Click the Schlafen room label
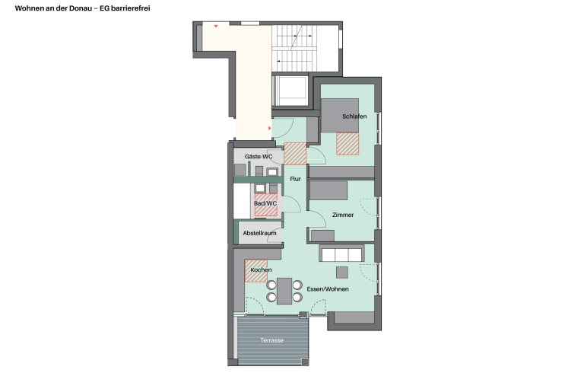pos(354,116)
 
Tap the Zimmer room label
pos(343,215)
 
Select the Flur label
pos(295,179)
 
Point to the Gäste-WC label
pos(259,157)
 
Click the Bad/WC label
pos(265,203)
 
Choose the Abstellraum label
pos(259,233)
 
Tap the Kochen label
pos(261,269)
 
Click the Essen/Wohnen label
pos(328,289)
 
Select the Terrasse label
pos(272,340)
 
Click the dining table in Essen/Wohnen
pos(284,291)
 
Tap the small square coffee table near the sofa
pos(342,273)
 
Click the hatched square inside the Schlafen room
pos(348,144)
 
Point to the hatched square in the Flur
pos(295,154)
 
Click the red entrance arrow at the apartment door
pos(270,129)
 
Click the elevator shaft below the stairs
pos(290,91)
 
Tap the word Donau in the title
pos(81,8)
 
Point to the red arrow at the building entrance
pos(216,26)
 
